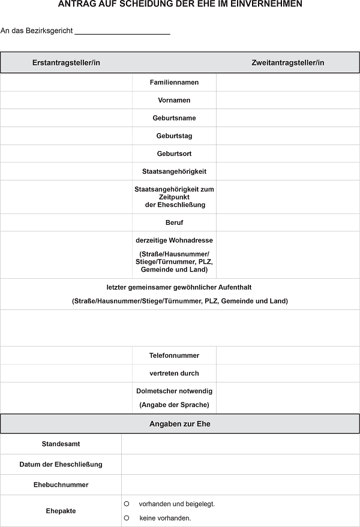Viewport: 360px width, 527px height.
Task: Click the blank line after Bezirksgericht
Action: [122, 31]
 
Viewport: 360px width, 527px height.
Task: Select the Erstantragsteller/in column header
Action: [66, 62]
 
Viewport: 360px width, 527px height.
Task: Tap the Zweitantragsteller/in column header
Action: [288, 62]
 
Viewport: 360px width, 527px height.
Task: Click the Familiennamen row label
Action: [174, 82]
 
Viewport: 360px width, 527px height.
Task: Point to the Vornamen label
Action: [174, 100]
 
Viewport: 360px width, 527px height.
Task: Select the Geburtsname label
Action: [174, 118]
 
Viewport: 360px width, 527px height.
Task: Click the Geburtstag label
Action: [174, 136]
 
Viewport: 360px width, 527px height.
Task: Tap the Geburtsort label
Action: [174, 153]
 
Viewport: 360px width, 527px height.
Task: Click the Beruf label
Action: [174, 222]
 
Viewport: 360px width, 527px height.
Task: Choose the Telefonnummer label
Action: [174, 356]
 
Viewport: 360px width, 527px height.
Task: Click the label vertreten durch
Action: [174, 374]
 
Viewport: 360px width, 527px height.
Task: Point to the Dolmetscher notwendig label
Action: [174, 391]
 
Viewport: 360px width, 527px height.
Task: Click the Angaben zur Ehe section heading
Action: [180, 424]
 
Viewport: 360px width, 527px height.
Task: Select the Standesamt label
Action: [61, 444]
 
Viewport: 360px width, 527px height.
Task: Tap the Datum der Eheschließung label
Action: [61, 465]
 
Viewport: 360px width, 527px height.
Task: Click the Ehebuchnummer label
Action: [61, 484]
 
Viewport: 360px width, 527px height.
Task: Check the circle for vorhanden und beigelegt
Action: [127, 504]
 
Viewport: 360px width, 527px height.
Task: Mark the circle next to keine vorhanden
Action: [127, 517]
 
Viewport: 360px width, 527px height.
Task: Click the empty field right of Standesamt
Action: [240, 444]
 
